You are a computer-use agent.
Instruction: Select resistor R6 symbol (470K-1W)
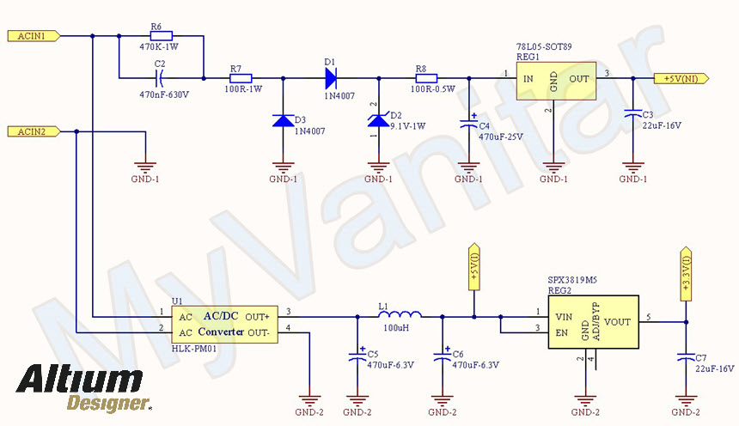pyautogui.click(x=160, y=36)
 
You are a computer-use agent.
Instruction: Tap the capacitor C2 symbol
pyautogui.click(x=160, y=78)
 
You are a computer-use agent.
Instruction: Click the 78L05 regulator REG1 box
pyautogui.click(x=556, y=82)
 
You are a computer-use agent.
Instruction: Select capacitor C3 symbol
pyautogui.click(x=633, y=113)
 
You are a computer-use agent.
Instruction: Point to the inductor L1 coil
pyautogui.click(x=400, y=315)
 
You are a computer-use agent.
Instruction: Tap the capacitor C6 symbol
pyautogui.click(x=443, y=352)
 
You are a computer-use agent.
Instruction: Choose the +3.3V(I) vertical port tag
pyautogui.click(x=685, y=273)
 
